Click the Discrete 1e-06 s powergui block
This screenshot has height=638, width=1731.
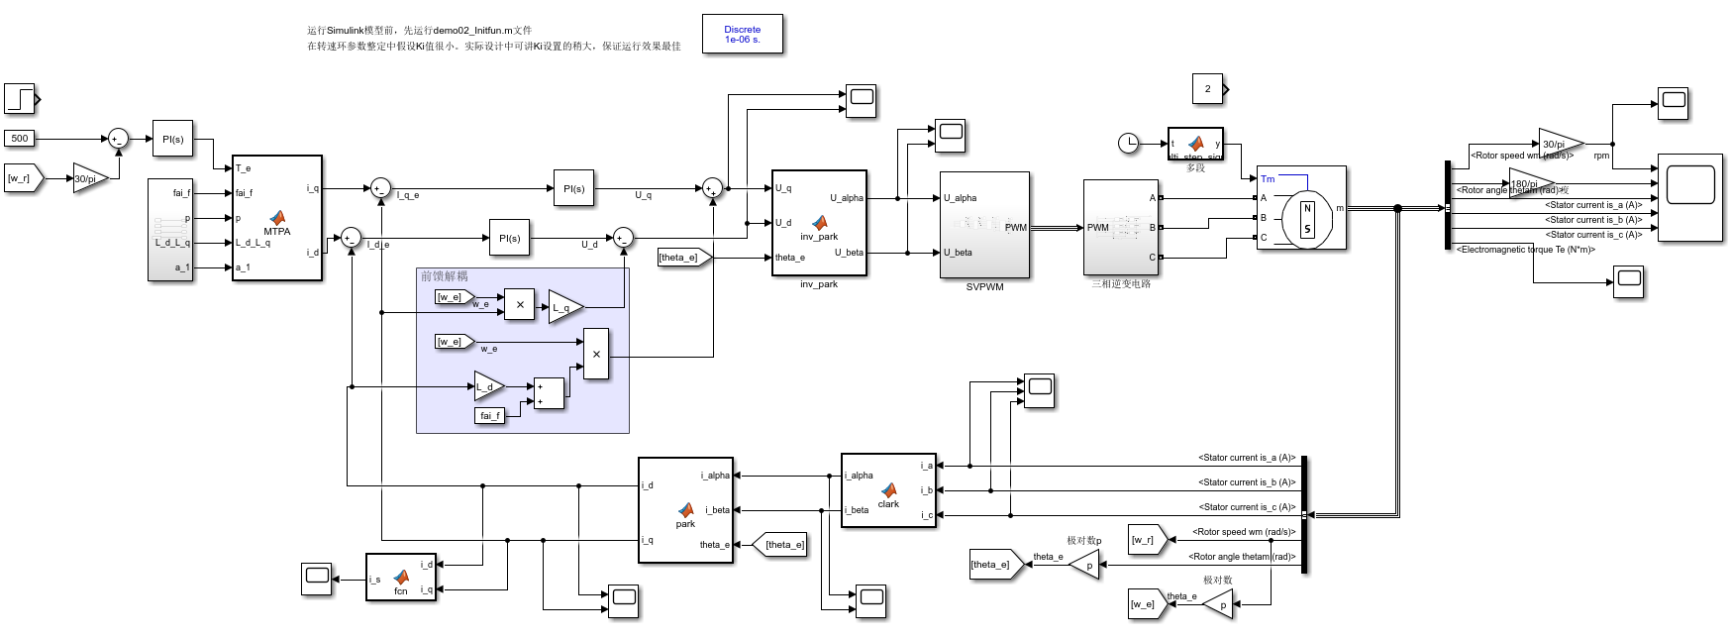(742, 34)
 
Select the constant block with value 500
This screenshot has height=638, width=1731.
(20, 139)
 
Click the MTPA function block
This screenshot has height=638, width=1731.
(276, 218)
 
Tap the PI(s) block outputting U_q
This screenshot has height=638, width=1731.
(573, 188)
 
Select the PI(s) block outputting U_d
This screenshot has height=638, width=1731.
(509, 238)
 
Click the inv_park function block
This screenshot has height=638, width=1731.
(819, 223)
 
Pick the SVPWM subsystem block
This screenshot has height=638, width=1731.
(984, 225)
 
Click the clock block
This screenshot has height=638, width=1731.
(1128, 144)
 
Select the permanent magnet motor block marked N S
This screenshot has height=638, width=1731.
(1301, 208)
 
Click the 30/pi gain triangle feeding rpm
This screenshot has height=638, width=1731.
(1558, 144)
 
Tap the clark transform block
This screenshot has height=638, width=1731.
(888, 490)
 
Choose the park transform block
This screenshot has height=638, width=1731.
(685, 510)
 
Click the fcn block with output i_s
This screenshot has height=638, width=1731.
(400, 578)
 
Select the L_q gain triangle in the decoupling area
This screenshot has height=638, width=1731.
(563, 307)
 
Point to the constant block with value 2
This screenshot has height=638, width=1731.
(1207, 89)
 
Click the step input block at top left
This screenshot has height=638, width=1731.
(20, 99)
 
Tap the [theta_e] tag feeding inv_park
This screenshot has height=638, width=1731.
(681, 258)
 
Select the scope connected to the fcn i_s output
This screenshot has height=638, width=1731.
(317, 579)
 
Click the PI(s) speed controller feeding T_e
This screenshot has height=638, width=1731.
(172, 139)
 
